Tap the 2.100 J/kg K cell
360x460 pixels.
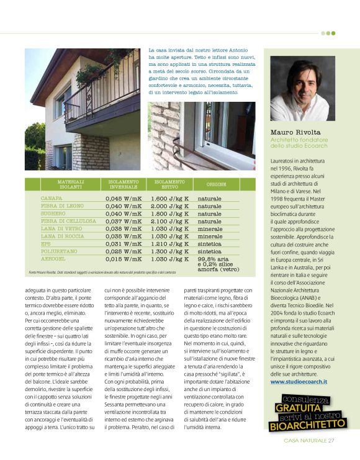point(169,220)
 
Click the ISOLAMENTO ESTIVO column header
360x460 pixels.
point(170,184)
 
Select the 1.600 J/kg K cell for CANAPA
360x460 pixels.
point(169,199)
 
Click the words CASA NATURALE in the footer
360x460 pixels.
point(304,441)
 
